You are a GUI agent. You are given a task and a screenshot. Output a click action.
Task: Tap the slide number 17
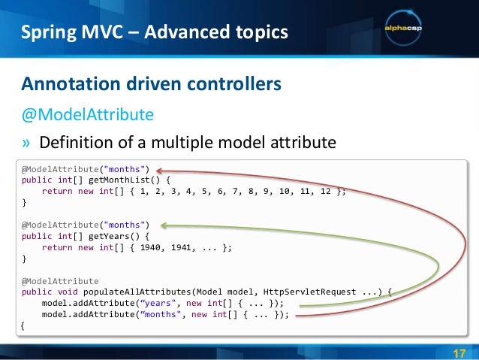pos(459,354)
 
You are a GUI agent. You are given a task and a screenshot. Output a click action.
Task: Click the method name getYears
pos(102,235)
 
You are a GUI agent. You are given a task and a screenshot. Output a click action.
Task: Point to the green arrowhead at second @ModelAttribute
pos(163,224)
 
